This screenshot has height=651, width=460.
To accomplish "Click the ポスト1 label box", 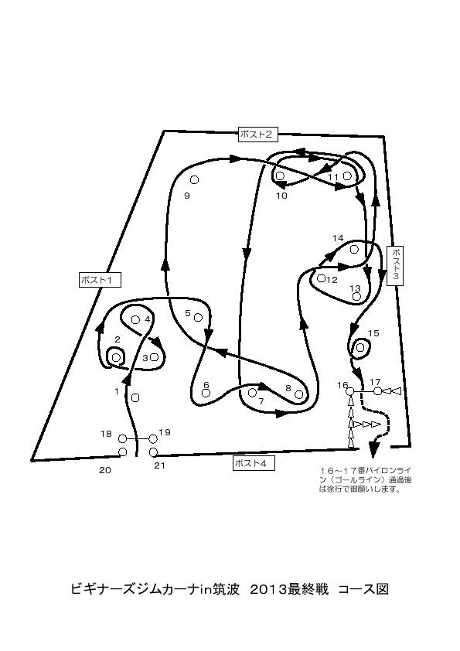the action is [100, 280].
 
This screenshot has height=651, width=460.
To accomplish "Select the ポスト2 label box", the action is [257, 134].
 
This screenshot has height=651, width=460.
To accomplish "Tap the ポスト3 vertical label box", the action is [395, 266].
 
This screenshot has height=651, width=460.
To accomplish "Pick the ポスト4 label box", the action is [254, 463].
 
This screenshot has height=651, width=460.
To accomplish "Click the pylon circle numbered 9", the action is [194, 180].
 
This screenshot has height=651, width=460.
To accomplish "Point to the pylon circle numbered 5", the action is [198, 318].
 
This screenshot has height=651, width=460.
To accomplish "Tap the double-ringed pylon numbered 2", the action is [116, 357].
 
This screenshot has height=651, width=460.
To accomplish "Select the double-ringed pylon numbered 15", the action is [360, 347].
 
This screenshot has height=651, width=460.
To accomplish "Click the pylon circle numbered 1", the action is [135, 397].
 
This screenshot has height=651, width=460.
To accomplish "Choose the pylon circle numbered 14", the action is [354, 249].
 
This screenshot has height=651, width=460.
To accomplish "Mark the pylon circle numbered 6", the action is [206, 393].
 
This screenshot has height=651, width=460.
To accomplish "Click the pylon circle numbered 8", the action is [298, 395].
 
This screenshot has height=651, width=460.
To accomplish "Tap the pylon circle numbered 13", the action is [356, 296].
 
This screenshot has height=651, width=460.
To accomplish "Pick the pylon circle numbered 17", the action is [377, 391].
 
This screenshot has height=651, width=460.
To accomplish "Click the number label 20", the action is [105, 470].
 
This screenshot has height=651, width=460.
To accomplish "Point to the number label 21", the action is [160, 466].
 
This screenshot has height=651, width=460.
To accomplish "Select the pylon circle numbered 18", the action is [122, 439].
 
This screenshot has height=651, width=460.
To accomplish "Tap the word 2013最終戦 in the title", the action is [289, 589].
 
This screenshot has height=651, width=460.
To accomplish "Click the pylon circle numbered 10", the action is [280, 176].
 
